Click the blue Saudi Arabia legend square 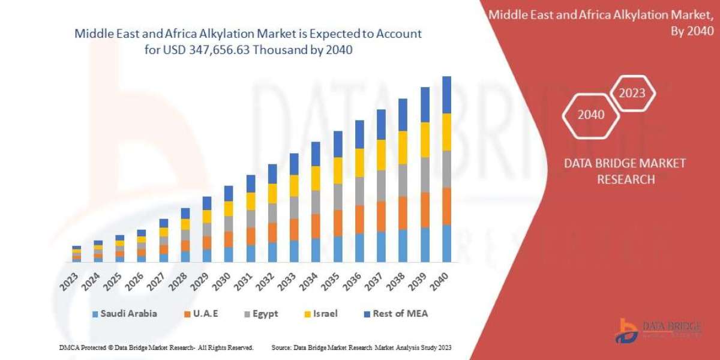(x=95, y=314)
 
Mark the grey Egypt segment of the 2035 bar (x=338, y=197)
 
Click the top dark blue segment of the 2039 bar (x=425, y=105)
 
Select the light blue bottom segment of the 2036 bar (x=359, y=248)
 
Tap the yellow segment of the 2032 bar (x=272, y=193)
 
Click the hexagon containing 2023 (x=632, y=93)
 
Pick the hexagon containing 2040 (x=591, y=115)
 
